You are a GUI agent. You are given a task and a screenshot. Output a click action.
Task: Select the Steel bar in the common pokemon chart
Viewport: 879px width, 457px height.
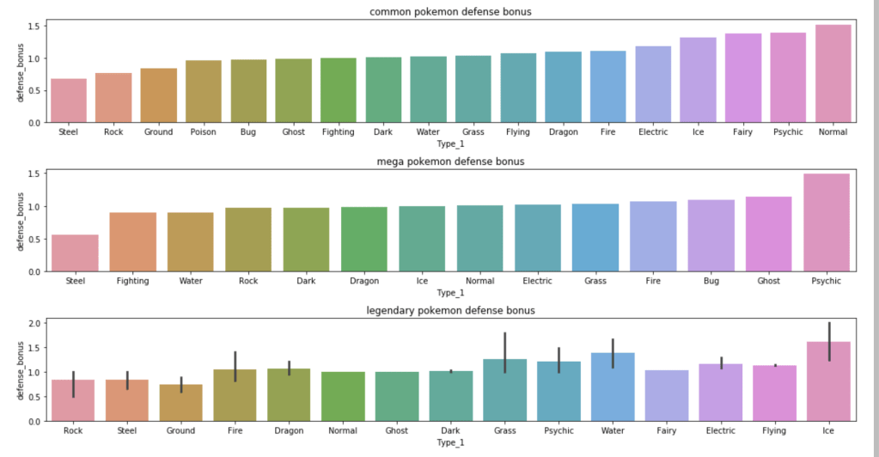pyautogui.click(x=69, y=101)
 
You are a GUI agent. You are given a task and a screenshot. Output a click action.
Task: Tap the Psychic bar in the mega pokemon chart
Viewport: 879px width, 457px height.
pyautogui.click(x=826, y=222)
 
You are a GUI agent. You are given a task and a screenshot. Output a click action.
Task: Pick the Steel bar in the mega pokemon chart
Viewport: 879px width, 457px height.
pyautogui.click(x=75, y=253)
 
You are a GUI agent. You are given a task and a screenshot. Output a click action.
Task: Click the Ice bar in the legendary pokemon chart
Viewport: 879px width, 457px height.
pyautogui.click(x=829, y=382)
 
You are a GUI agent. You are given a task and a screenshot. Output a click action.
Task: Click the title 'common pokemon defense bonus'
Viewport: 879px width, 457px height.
pyautogui.click(x=449, y=11)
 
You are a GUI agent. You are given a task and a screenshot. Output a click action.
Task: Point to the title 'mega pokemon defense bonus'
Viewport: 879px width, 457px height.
pyautogui.click(x=449, y=161)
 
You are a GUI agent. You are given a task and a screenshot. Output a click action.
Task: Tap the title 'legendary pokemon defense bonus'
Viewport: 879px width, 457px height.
pyautogui.click(x=449, y=310)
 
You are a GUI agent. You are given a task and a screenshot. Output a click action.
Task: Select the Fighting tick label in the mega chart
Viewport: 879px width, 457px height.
pyautogui.click(x=132, y=281)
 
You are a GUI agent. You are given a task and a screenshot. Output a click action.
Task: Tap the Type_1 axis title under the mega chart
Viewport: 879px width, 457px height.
pyautogui.click(x=449, y=292)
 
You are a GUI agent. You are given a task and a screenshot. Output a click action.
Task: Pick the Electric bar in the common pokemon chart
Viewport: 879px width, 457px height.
pyautogui.click(x=652, y=84)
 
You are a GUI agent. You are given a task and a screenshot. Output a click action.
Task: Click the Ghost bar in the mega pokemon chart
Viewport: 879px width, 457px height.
pyautogui.click(x=768, y=234)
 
